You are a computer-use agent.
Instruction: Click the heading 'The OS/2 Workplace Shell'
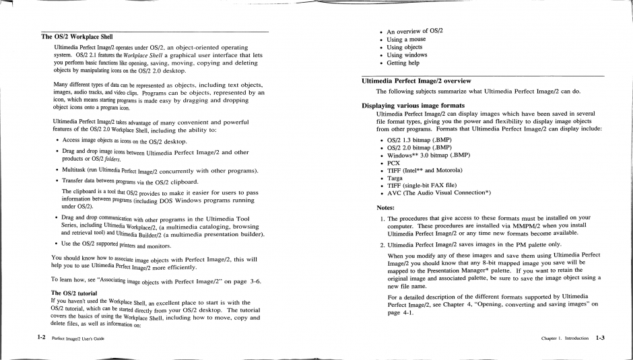coord(77,36)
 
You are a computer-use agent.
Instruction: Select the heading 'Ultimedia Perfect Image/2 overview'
coord(416,81)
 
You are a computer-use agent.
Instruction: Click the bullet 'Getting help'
coord(403,63)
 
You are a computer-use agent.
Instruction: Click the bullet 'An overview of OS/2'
coord(414,31)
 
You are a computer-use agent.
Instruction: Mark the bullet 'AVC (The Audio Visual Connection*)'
coord(438,193)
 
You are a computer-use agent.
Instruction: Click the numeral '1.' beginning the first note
coord(381,218)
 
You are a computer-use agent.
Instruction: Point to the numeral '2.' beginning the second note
coord(381,245)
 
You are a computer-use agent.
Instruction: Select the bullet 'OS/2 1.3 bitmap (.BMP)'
coord(419,139)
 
